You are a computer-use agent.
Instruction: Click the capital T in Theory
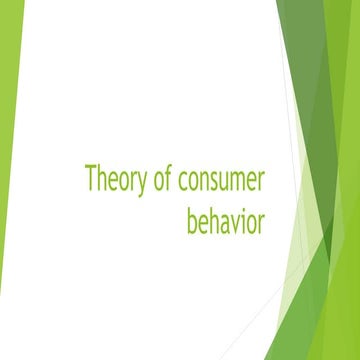(x=91, y=181)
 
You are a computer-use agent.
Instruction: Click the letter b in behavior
(x=192, y=219)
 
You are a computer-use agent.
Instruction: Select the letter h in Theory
(x=102, y=181)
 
